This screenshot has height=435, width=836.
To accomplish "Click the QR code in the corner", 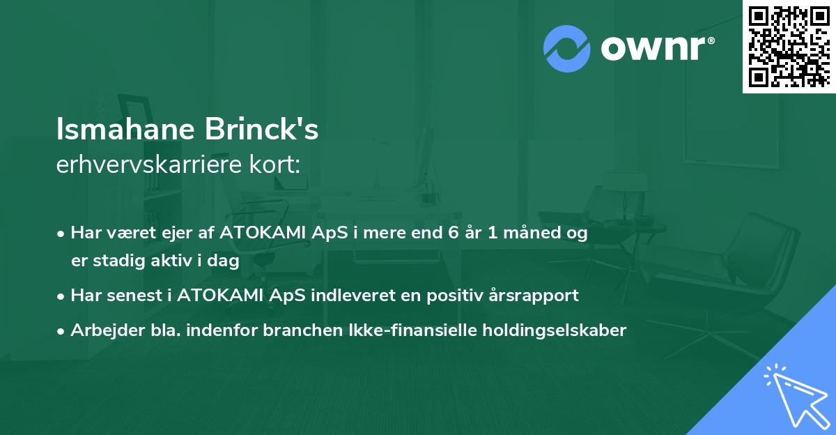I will [789, 47].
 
